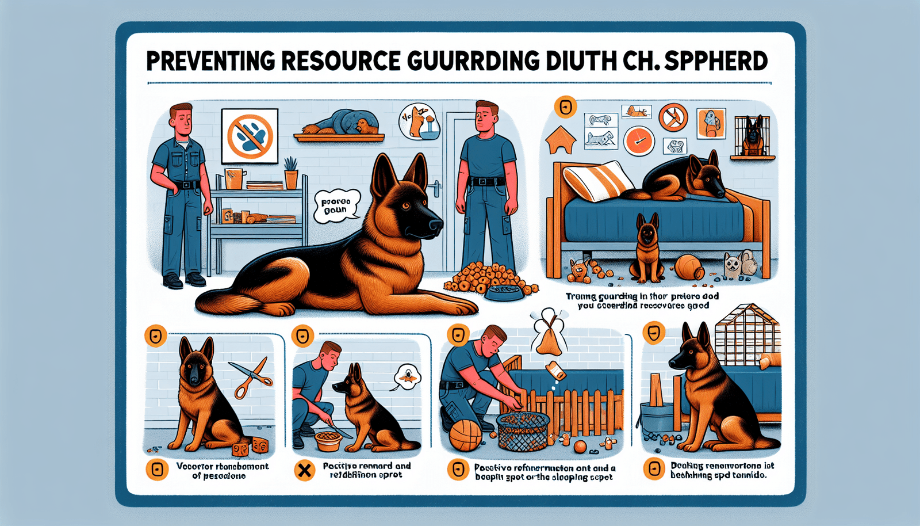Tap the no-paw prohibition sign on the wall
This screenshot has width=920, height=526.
click(x=250, y=136)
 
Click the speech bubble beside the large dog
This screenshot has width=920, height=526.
click(x=336, y=205)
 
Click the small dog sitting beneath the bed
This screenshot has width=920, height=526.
click(x=646, y=249)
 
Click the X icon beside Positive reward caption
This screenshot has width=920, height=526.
click(x=304, y=471)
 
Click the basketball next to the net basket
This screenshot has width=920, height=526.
click(x=465, y=436)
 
